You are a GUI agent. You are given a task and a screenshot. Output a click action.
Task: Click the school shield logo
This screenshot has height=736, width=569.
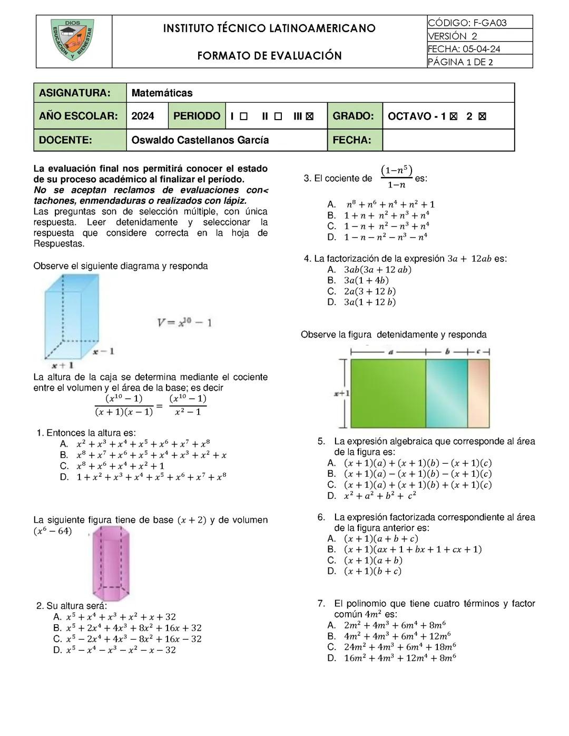[x=73, y=41]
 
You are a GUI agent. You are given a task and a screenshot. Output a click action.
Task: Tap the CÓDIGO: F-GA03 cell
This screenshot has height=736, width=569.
[x=479, y=23]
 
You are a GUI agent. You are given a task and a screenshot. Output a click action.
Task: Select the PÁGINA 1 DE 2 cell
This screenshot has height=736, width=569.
[x=479, y=62]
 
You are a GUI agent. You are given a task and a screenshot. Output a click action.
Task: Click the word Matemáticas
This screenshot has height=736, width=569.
[x=162, y=93]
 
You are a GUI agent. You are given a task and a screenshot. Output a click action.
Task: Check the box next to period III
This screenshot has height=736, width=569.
[x=310, y=116]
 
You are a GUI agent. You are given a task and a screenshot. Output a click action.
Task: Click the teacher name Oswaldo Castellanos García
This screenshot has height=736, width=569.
[x=200, y=140]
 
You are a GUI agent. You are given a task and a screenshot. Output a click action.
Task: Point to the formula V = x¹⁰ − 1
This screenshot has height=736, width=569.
[x=184, y=322]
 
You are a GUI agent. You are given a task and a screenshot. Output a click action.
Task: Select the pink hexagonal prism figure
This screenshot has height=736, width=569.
[x=111, y=563]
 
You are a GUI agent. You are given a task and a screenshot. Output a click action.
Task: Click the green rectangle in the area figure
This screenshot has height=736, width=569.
[x=388, y=393]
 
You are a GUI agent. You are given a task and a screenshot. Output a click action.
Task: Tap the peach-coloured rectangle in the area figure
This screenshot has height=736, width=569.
[x=478, y=393]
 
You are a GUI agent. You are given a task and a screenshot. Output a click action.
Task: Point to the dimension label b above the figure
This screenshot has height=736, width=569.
[x=447, y=351]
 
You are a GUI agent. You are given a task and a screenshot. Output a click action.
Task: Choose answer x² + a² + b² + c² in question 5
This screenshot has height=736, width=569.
[x=379, y=496]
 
